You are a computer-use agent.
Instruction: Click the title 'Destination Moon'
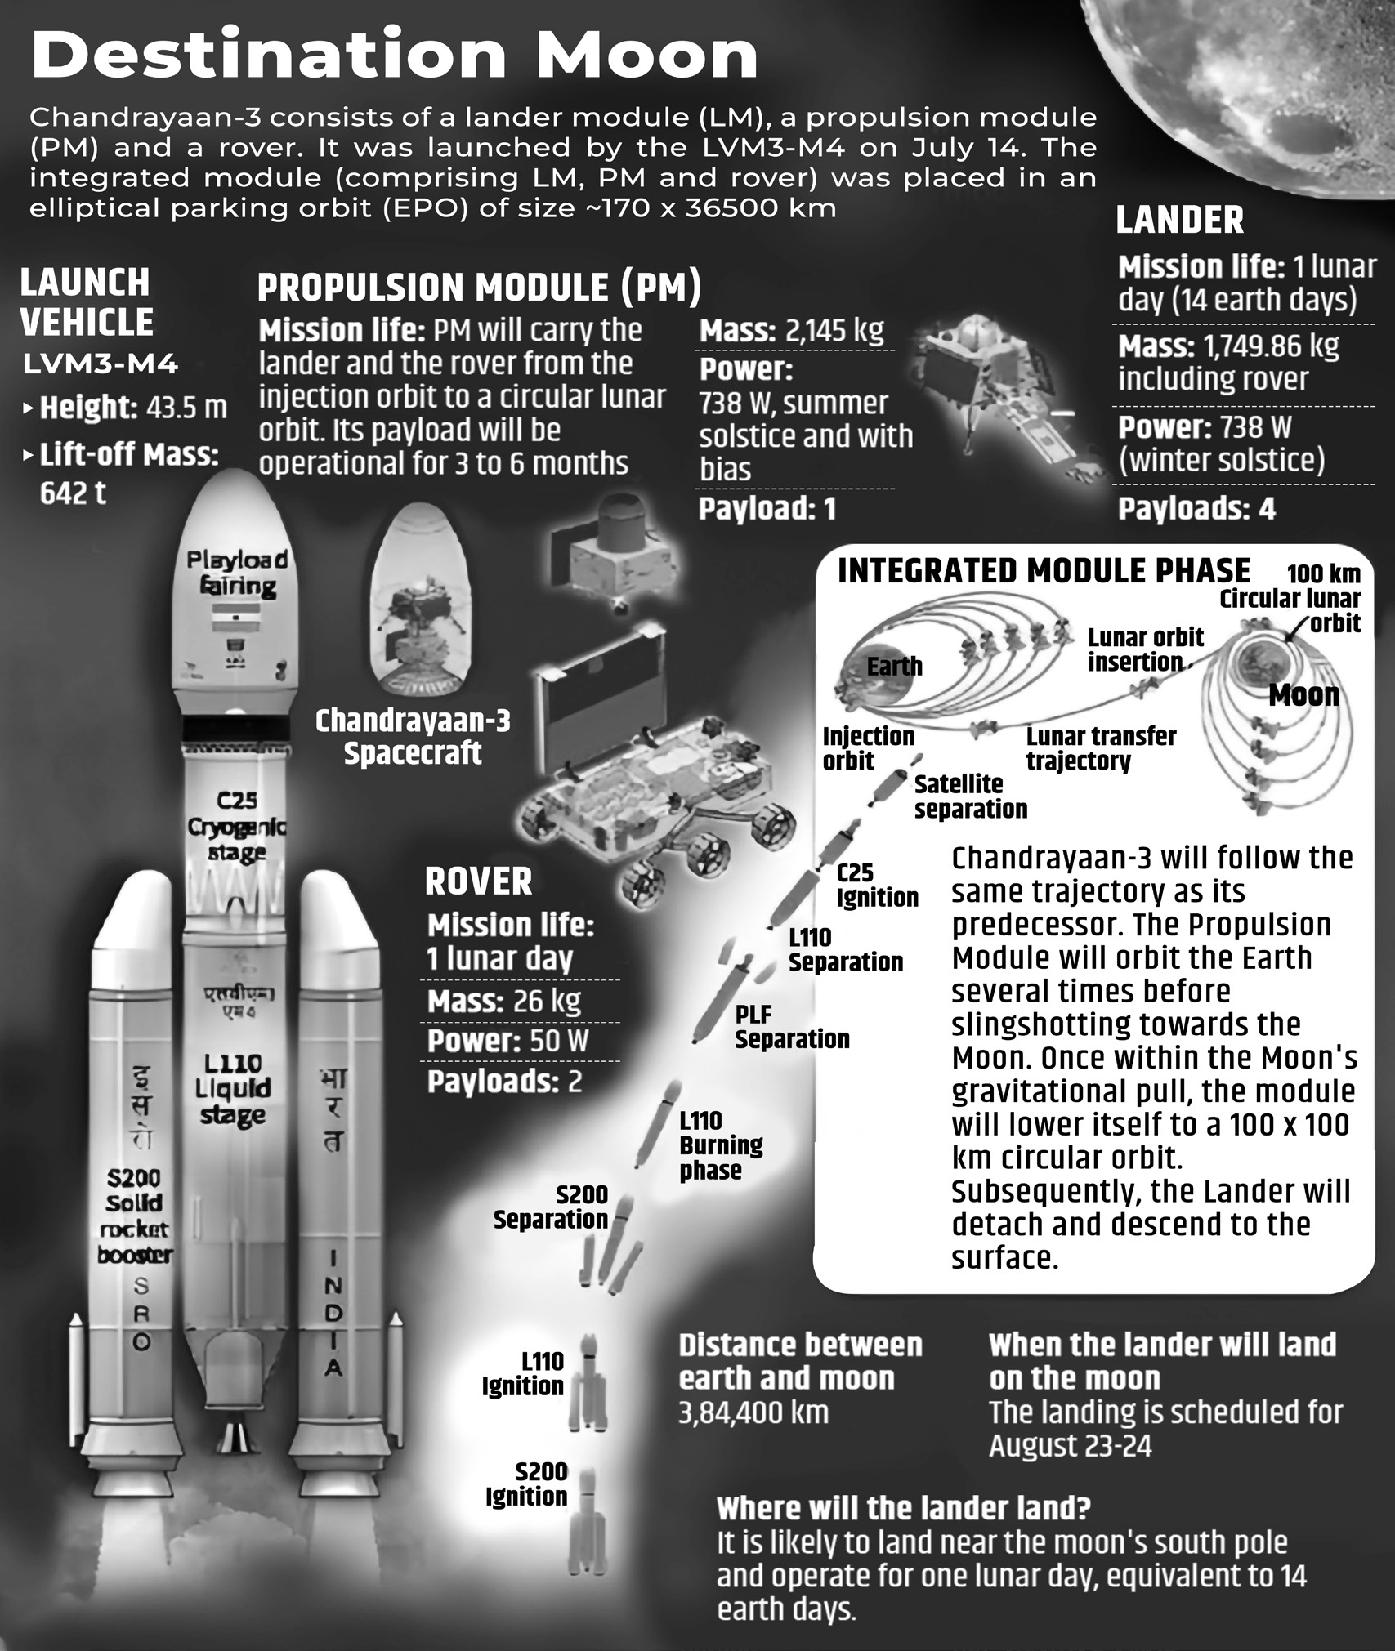[x=395, y=56]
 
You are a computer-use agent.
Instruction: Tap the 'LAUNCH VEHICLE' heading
[x=86, y=302]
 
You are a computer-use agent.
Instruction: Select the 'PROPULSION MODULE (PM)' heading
[x=480, y=288]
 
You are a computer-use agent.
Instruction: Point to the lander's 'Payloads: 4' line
[x=1196, y=509]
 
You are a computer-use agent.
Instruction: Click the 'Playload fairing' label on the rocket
[x=238, y=573]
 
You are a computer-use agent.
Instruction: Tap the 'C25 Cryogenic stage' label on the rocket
[x=237, y=827]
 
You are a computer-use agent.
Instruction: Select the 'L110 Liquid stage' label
[x=233, y=1088]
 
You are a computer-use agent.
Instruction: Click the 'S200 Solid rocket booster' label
[x=135, y=1216]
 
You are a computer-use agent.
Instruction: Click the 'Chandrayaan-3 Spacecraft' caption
[x=413, y=737]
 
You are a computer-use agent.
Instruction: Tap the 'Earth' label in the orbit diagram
[x=894, y=667]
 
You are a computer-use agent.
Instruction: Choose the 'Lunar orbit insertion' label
[x=1145, y=649]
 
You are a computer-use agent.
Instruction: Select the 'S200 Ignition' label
[x=526, y=1484]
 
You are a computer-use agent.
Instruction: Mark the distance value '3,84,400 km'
[x=753, y=1412]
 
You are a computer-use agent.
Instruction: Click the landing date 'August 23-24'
[x=1071, y=1446]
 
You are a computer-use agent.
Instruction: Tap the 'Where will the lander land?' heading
[x=904, y=1507]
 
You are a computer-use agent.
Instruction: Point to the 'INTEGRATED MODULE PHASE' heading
[x=1044, y=570]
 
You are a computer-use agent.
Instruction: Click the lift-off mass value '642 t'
[x=73, y=493]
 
